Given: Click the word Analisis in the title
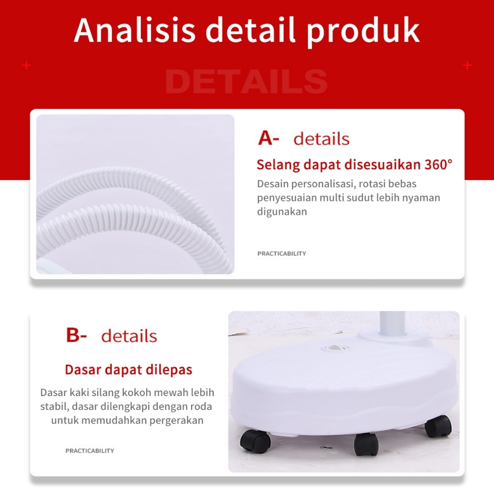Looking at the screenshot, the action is tap(135, 30).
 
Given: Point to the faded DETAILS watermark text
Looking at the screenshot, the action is tap(246, 82).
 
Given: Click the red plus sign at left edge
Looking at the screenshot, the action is tap(27, 65).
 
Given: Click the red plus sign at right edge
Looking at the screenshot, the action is tap(467, 65).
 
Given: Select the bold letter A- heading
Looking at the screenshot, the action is tap(268, 138).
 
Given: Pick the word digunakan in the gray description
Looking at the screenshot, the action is tap(282, 212).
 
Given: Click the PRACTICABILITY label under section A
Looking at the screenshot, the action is tap(282, 253).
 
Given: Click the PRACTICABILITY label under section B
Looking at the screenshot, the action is tap(90, 451).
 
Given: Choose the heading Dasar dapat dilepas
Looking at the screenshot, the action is tap(128, 370).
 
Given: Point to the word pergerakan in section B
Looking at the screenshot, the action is tap(177, 420).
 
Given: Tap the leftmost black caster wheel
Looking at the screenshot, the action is tap(255, 441).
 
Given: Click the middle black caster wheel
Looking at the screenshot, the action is tap(366, 444).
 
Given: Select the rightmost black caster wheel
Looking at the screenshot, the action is tap(438, 426).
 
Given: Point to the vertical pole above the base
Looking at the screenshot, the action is tap(392, 324).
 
